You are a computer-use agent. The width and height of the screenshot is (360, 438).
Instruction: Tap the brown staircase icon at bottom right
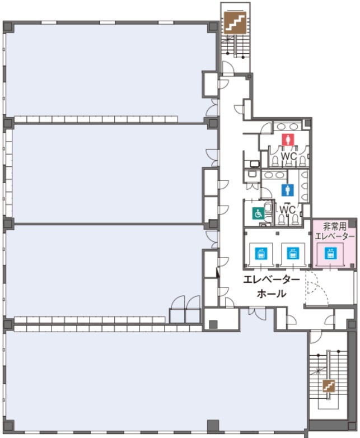[329, 385]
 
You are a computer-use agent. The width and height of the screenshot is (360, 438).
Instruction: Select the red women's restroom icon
[288, 140]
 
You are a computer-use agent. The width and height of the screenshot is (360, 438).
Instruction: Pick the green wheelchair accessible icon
[258, 213]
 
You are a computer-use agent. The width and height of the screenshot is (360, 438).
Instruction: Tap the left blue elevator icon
[260, 253]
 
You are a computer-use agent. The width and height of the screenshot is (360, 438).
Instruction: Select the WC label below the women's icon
[288, 156]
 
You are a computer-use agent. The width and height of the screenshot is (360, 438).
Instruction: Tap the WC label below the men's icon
[287, 209]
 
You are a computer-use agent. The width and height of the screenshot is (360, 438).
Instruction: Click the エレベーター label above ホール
[271, 278]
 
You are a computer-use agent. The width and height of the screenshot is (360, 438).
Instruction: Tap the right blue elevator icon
[292, 253]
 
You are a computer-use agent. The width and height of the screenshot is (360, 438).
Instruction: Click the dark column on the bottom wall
[212, 425]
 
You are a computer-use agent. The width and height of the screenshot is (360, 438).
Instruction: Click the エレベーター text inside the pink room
[335, 236]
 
